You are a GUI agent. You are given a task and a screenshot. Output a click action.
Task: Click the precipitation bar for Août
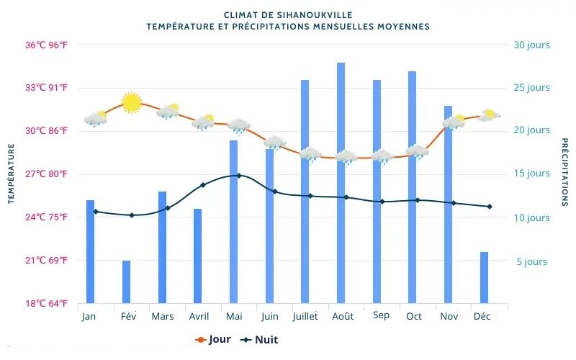point(341,183)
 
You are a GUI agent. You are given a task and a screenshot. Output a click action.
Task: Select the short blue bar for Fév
point(126,282)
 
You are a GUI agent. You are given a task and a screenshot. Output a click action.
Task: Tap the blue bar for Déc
point(484,277)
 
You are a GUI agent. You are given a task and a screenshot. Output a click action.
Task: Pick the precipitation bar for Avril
point(197,256)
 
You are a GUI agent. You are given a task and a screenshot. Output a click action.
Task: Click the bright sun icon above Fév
point(131,102)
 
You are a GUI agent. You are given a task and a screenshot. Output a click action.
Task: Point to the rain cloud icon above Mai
point(239,127)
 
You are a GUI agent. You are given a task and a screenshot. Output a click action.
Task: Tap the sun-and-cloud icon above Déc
point(490,115)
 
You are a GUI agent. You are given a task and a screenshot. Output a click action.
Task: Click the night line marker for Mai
point(239,175)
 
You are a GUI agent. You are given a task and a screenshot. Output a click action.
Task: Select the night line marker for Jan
point(96,212)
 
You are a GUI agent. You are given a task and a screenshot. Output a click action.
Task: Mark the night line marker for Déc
point(490,207)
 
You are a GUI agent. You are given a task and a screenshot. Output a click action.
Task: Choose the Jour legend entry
point(213,340)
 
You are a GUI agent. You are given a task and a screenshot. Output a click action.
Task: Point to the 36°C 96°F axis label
point(47,45)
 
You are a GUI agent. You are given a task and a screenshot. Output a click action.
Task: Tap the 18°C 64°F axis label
point(47,303)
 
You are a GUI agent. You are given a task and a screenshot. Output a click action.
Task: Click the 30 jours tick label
point(531,45)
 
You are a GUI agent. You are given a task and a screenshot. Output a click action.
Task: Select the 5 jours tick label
point(531,261)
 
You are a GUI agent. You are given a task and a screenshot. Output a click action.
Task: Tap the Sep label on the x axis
point(381,315)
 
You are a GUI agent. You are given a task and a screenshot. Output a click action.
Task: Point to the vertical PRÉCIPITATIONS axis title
point(565,173)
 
